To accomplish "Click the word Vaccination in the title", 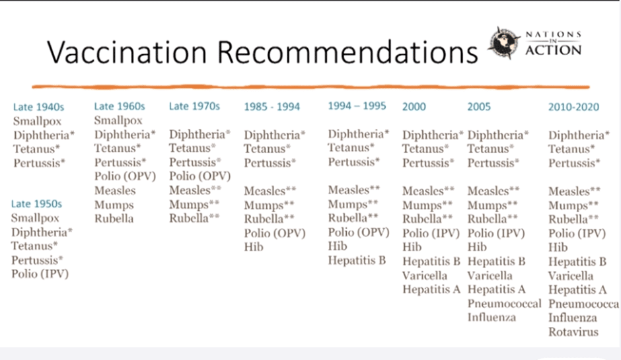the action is [x=127, y=52].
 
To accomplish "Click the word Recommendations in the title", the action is [x=347, y=52].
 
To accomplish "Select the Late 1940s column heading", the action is [x=38, y=107].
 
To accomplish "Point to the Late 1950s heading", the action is [x=36, y=203].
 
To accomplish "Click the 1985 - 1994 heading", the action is [x=272, y=106].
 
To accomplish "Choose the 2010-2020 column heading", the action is [x=573, y=107].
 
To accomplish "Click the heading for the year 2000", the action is [x=414, y=106].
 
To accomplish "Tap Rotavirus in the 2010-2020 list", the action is [x=573, y=332].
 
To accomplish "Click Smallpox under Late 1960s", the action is [x=118, y=120].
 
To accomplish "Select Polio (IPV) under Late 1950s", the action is [x=40, y=273].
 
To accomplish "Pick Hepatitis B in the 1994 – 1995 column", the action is [x=357, y=260].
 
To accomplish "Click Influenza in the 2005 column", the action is [x=492, y=317].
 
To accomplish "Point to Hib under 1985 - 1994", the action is [x=254, y=247].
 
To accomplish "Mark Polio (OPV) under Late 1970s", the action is [x=200, y=176].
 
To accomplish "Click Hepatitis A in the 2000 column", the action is [x=431, y=289].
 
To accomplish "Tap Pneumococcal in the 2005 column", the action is [x=504, y=303].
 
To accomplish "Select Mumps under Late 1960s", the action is [x=114, y=205].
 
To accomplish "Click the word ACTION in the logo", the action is [x=553, y=50].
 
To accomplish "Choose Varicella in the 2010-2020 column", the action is [x=571, y=275].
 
